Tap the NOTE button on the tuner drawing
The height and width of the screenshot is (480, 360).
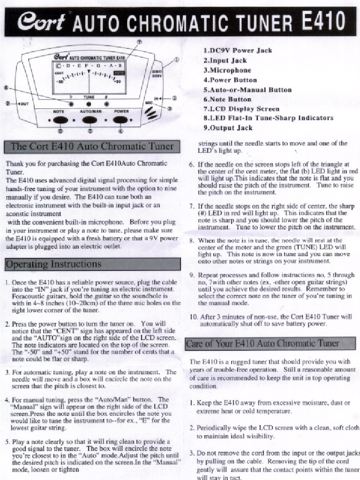point(59,120)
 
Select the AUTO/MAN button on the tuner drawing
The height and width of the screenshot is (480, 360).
point(89,120)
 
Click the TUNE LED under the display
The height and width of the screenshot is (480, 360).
point(89,104)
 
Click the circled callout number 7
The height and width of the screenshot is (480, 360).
point(139,41)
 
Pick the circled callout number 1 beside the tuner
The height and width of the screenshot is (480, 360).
point(177,60)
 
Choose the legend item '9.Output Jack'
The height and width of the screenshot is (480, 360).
point(228,127)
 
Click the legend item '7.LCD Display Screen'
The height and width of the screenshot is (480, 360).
point(241,109)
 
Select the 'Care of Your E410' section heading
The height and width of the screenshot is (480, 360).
point(262,344)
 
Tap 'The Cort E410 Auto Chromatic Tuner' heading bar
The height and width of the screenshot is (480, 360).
point(92,146)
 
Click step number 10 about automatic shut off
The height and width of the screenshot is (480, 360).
point(194,316)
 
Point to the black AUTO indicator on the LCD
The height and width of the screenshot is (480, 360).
point(119,74)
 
